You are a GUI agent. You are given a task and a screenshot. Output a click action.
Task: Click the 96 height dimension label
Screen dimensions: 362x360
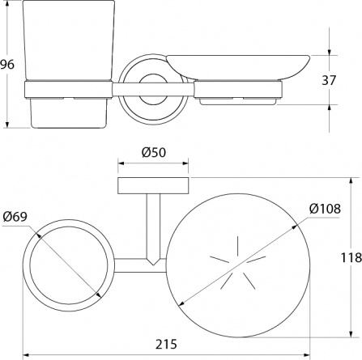pos(7,65)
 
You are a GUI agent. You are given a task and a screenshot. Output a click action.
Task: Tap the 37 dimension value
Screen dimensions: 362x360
pos(329,80)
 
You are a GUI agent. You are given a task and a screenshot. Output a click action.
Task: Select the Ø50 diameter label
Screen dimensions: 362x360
pos(154,153)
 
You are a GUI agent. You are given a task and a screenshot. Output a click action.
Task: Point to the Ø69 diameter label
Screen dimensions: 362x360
pos(15,217)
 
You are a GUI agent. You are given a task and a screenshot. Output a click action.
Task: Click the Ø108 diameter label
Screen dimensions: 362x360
pos(325,209)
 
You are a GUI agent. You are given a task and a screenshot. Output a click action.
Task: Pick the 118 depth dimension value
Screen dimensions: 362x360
pos(351,257)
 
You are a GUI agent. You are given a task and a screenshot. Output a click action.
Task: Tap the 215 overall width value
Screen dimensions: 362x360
pos(166,344)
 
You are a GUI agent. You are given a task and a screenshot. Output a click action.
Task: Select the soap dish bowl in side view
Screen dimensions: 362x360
pos(238,67)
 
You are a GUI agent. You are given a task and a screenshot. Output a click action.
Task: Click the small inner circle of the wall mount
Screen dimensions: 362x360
pos(153,89)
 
